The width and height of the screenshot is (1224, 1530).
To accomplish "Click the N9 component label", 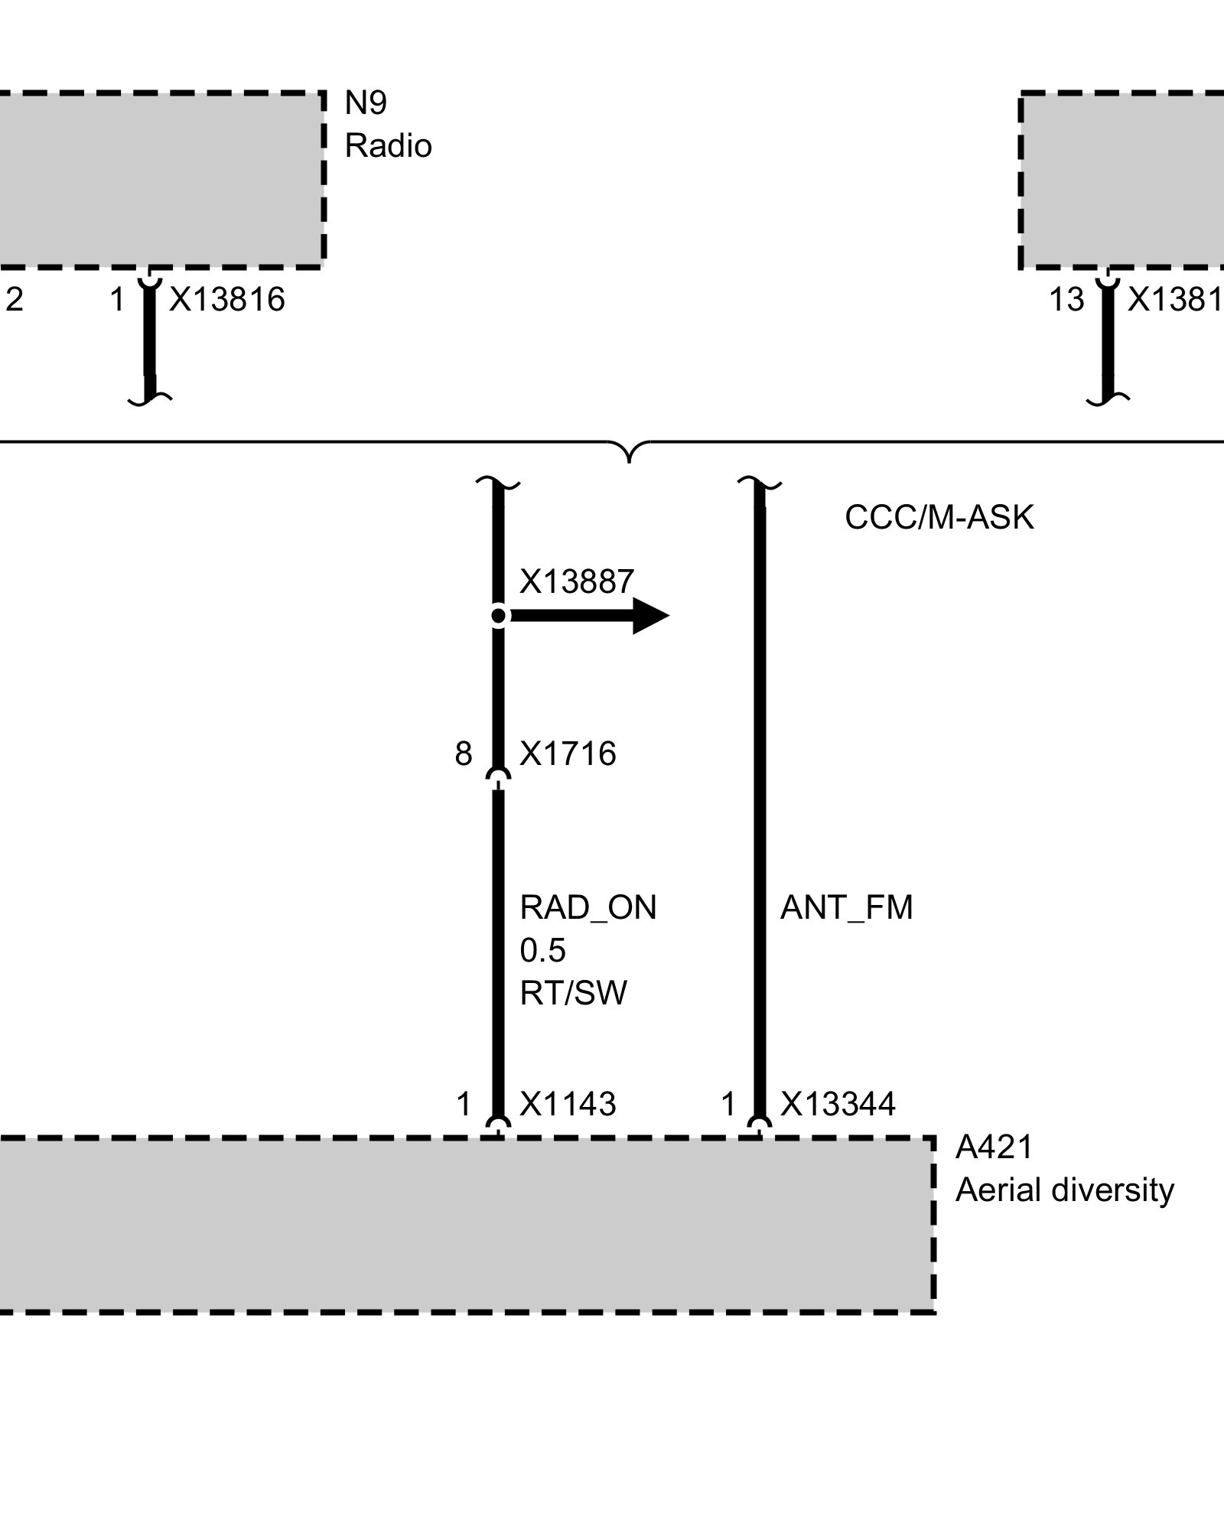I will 366,103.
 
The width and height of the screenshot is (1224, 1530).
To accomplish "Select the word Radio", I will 388,146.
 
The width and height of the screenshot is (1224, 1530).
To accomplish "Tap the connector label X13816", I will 227,299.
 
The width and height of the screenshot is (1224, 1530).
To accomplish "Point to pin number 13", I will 1066,299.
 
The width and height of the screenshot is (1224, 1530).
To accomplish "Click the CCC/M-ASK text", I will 939,518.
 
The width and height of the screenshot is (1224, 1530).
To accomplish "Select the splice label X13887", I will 577,582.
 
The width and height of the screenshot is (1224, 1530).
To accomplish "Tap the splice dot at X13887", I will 499,616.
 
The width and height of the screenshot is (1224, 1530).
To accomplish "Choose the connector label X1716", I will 568,754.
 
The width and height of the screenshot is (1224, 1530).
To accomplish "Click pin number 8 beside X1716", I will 464,754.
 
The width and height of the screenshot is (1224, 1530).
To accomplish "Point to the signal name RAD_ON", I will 588,908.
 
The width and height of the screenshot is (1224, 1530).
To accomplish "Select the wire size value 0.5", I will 542,951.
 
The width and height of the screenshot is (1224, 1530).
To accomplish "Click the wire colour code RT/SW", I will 573,994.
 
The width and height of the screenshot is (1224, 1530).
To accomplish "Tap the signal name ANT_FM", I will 846,908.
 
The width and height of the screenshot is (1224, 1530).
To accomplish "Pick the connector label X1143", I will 568,1105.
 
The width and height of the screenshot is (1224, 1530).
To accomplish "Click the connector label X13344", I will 838,1105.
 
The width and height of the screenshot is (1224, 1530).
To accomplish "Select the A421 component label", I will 994,1147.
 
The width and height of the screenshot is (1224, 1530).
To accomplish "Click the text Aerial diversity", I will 1064,1190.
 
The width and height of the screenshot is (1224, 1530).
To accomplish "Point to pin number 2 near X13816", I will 15,299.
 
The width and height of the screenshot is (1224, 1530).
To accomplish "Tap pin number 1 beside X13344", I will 728,1105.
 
